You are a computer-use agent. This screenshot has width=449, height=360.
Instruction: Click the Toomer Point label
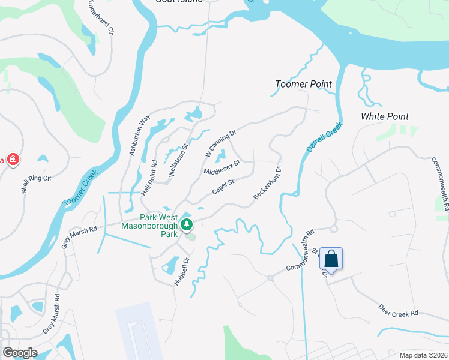[303, 85]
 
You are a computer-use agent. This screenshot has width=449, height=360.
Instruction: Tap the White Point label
[385, 116]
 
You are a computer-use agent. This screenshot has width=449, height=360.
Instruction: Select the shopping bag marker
[331, 259]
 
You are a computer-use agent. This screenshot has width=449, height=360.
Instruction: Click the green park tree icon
[187, 225]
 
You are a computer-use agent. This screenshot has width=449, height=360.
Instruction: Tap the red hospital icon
[12, 160]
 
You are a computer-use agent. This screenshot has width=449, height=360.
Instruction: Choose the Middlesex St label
[221, 167]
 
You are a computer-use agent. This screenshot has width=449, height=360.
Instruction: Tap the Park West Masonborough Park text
[149, 226]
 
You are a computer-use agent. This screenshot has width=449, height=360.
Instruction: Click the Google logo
[20, 352]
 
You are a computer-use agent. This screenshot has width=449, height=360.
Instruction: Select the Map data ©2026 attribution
[423, 355]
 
